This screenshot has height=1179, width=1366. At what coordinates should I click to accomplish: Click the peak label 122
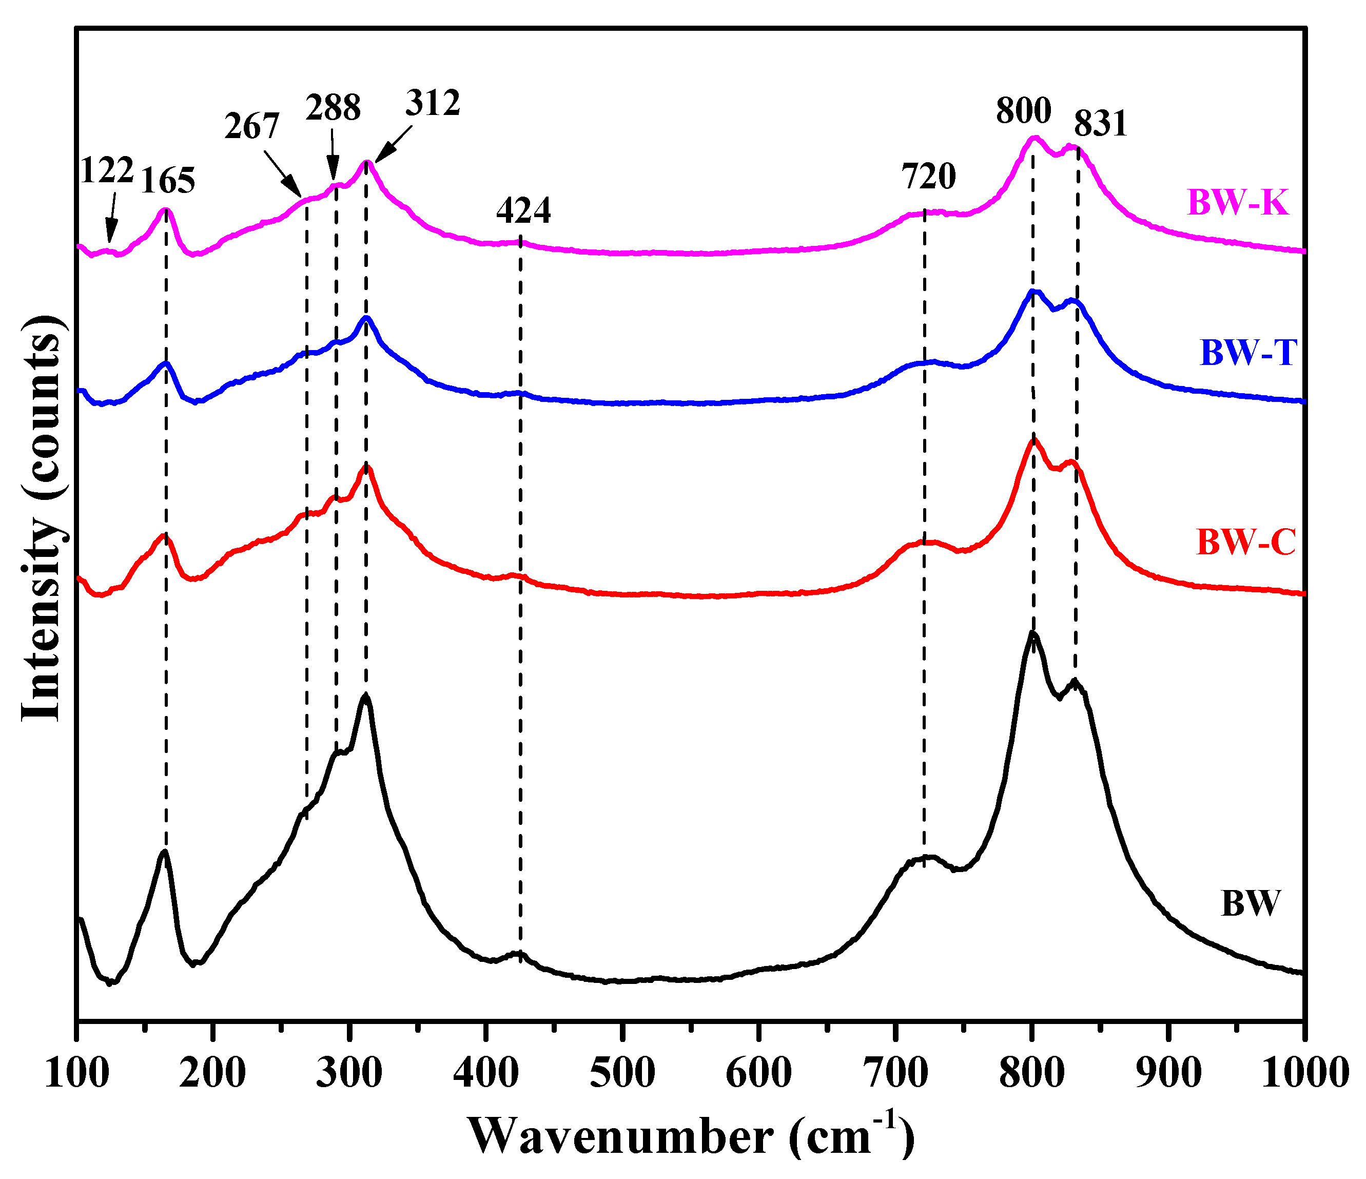click(106, 170)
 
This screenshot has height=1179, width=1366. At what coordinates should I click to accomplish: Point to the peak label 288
click(333, 107)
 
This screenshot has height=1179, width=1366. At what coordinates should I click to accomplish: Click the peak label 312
click(433, 103)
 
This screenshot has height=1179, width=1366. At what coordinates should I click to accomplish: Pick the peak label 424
click(523, 211)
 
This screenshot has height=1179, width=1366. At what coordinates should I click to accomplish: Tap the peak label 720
click(928, 177)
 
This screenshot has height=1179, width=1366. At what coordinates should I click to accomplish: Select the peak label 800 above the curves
click(1023, 110)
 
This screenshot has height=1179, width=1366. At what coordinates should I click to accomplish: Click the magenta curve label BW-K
click(1237, 202)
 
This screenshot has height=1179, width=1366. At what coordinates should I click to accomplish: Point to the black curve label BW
click(1250, 903)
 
